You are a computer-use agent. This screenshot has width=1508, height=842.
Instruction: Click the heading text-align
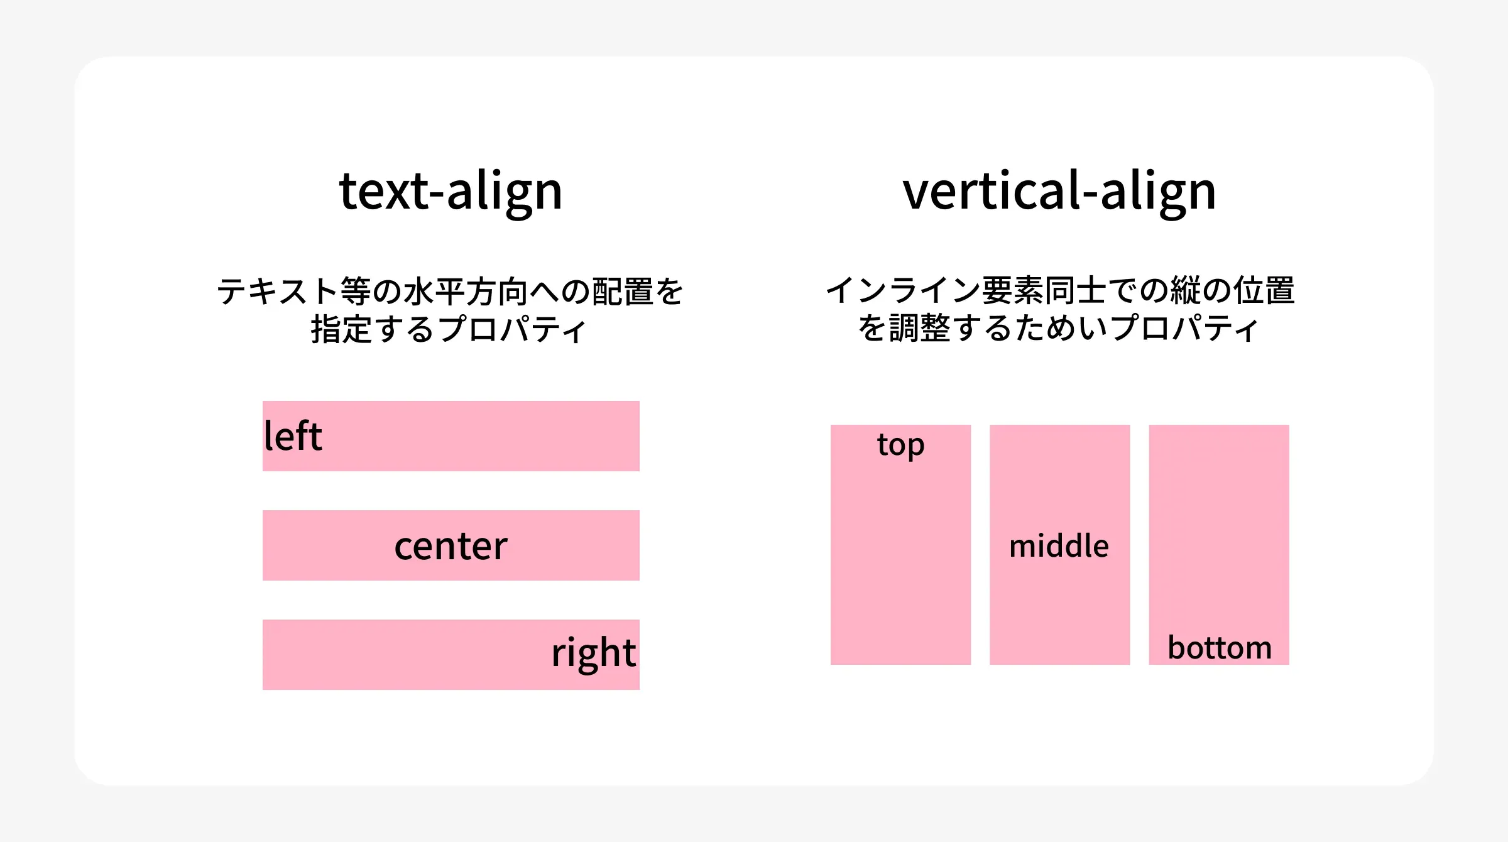click(x=451, y=191)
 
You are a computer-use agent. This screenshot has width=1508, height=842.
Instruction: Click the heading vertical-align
click(x=1059, y=191)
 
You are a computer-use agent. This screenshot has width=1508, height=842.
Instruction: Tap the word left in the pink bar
click(x=293, y=435)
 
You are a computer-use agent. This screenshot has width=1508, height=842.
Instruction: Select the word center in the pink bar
click(x=451, y=545)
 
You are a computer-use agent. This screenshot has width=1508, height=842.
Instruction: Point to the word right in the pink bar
click(x=593, y=653)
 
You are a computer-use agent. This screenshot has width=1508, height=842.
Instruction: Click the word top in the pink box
click(x=900, y=446)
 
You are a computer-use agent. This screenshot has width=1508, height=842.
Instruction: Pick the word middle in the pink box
click(x=1059, y=545)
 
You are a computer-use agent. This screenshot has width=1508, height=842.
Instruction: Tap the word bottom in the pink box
click(x=1219, y=647)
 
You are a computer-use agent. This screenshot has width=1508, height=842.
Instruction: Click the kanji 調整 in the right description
click(x=919, y=328)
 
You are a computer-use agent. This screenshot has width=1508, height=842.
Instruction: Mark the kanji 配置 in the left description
click(x=622, y=292)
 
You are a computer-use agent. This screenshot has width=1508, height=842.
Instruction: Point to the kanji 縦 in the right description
click(x=1185, y=290)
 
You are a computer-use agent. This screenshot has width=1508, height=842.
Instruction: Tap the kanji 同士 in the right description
click(x=1075, y=290)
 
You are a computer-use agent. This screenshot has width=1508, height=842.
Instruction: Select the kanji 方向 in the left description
click(x=496, y=292)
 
